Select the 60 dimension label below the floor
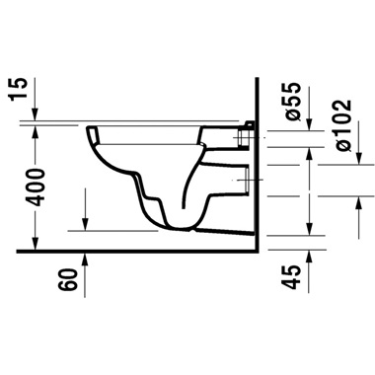point(67,279)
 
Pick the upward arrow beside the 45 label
point(313,259)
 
